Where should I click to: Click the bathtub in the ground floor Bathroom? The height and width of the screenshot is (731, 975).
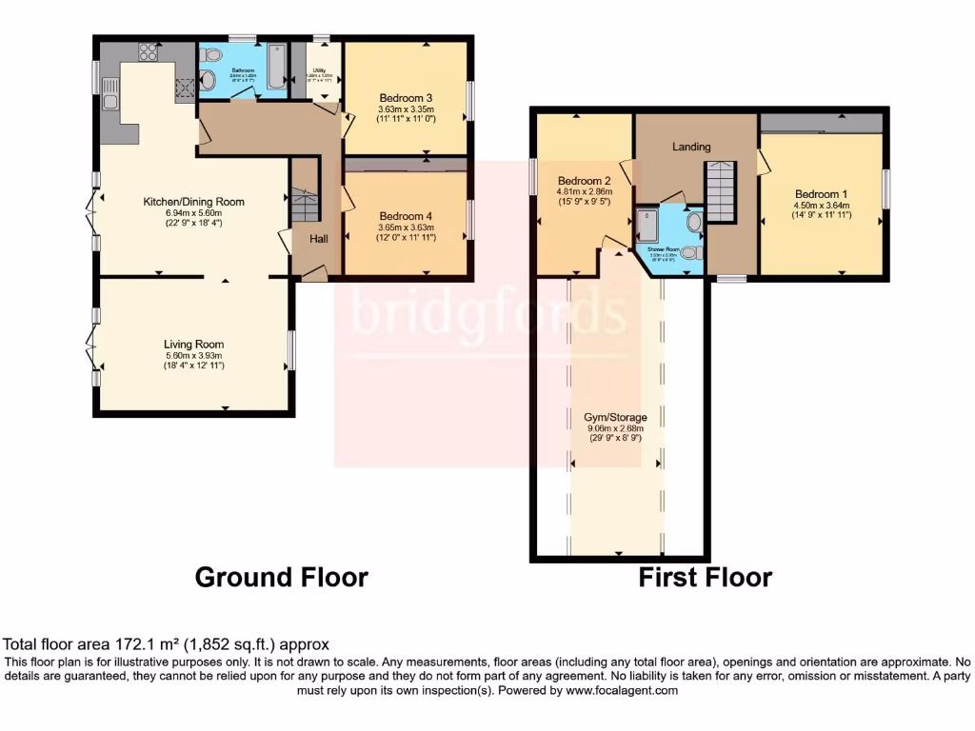(x=276, y=69)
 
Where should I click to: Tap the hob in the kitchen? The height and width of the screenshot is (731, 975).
(x=149, y=52)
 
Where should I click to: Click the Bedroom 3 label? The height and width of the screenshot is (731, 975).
(x=406, y=98)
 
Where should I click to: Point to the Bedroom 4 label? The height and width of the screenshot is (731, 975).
(x=406, y=215)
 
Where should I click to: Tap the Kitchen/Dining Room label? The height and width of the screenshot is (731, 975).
(x=193, y=202)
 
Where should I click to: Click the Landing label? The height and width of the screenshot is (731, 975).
(x=691, y=147)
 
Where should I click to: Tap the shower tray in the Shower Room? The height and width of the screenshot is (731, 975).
(x=650, y=226)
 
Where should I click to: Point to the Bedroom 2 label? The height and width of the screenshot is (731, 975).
(x=584, y=181)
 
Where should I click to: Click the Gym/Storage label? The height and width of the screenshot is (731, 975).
(x=615, y=418)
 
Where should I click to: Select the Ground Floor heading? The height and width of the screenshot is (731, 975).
(x=281, y=576)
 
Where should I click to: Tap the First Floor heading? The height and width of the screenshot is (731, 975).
(x=705, y=576)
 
